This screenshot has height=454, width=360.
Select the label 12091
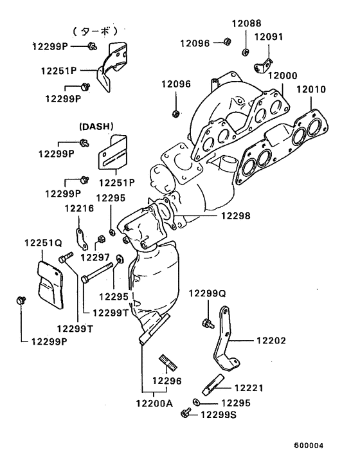pyautogui.click(x=269, y=37)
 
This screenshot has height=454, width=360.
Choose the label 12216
pyautogui.click(x=78, y=209)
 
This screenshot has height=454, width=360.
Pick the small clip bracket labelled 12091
pyautogui.click(x=262, y=63)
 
